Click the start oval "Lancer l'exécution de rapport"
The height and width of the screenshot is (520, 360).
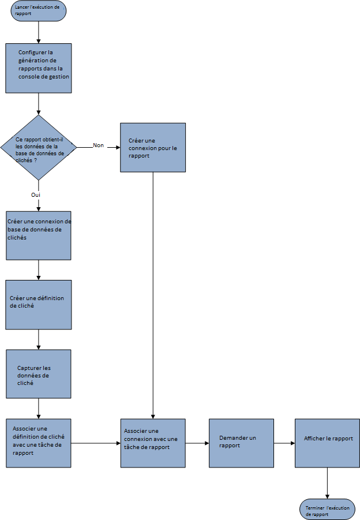(x=38, y=11)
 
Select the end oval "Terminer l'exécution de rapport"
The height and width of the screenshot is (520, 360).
(x=327, y=510)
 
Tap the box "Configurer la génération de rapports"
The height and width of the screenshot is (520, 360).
(x=39, y=68)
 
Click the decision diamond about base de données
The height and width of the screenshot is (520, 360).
(x=38, y=147)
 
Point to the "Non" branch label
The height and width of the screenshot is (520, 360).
(x=98, y=145)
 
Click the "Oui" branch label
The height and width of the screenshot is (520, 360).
(x=35, y=195)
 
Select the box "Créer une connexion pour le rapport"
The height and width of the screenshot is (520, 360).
(x=153, y=147)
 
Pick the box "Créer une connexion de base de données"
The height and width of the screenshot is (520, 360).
(x=38, y=235)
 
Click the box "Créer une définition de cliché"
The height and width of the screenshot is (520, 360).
(x=38, y=304)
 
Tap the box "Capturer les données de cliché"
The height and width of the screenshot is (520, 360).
(x=38, y=373)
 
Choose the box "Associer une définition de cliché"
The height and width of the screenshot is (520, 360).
(x=38, y=443)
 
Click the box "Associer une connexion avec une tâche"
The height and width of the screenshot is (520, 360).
(x=153, y=443)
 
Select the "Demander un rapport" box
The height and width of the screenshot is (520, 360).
(x=241, y=443)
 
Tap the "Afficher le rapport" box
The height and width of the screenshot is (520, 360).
(x=327, y=443)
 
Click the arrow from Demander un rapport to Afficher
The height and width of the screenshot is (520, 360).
(x=283, y=443)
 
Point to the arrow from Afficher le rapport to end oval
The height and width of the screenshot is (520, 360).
(x=327, y=483)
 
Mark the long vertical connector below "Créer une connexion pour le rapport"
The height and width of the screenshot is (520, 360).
(x=153, y=294)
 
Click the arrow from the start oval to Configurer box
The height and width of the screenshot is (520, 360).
(x=38, y=32)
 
